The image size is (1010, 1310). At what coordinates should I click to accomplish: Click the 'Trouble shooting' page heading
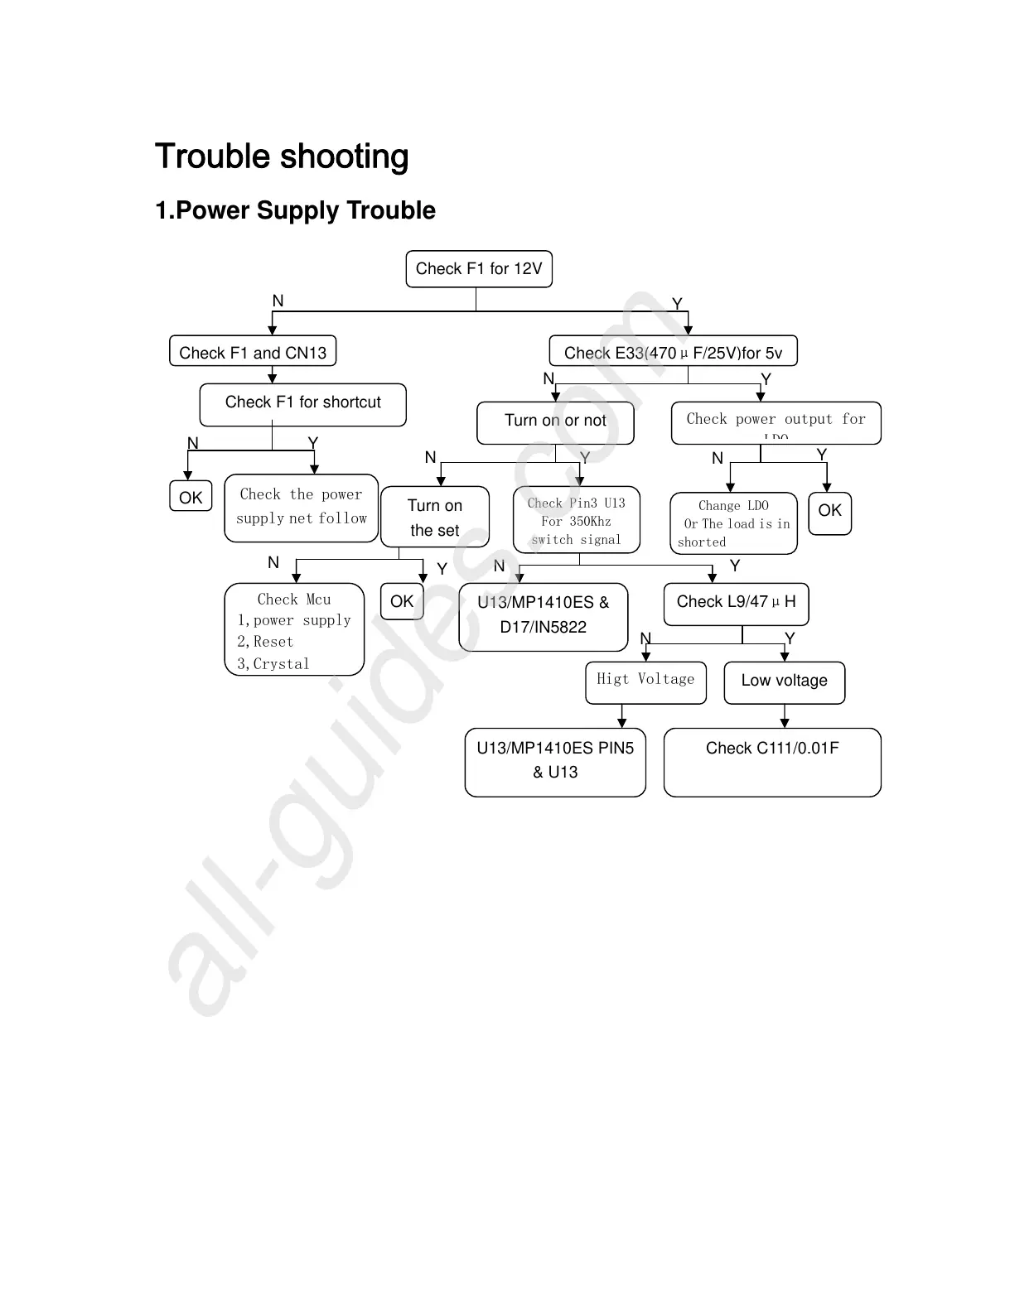[x=282, y=157]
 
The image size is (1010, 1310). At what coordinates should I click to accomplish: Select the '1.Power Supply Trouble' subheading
[x=295, y=210]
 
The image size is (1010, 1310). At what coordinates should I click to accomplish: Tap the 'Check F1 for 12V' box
[x=479, y=269]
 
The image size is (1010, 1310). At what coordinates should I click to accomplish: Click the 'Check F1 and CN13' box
[x=253, y=352]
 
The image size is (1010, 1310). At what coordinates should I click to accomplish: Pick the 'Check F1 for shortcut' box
[x=303, y=404]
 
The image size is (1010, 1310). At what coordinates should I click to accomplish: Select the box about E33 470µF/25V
[x=673, y=352]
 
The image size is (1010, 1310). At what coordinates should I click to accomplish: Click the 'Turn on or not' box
[x=555, y=422]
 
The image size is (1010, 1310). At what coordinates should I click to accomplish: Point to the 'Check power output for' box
[x=776, y=422]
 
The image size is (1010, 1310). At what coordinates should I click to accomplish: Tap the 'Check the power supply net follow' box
[x=302, y=508]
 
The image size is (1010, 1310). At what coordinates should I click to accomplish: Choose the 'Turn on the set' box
[x=435, y=518]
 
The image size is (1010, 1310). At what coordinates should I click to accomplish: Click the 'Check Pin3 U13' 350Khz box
[x=577, y=521]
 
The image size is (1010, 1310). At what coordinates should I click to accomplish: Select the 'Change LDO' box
[x=733, y=523]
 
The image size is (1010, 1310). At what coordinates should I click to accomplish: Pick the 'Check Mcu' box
[x=294, y=630]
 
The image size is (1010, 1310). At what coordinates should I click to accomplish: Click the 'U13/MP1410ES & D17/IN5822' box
[x=543, y=617]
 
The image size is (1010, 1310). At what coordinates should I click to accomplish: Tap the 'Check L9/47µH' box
[x=736, y=604]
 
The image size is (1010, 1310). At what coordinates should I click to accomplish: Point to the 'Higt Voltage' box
[x=645, y=682]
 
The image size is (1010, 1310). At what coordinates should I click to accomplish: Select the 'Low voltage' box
[x=784, y=682]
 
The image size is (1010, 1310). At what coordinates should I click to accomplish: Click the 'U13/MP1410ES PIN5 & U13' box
[x=555, y=762]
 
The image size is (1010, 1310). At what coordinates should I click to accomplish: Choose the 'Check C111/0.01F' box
[x=772, y=762]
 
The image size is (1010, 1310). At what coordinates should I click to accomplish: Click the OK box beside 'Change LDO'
[x=829, y=512]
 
